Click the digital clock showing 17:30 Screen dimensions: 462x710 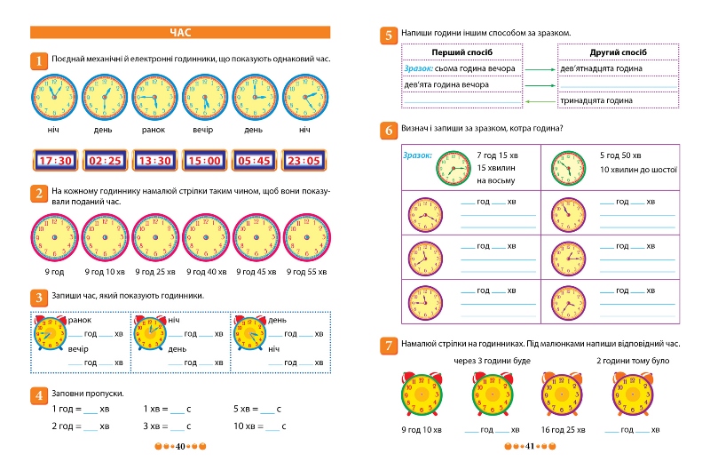[55, 161]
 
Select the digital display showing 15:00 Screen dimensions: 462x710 [205, 161]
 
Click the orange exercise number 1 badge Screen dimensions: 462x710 [39, 60]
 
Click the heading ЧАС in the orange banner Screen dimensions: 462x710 [181, 33]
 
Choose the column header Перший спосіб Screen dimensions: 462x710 [461, 52]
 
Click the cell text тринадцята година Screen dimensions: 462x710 [596, 100]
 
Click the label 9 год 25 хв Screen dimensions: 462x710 [154, 272]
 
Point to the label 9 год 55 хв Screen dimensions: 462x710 [304, 272]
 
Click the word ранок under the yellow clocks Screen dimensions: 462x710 [154, 130]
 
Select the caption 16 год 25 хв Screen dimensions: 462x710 [558, 430]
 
